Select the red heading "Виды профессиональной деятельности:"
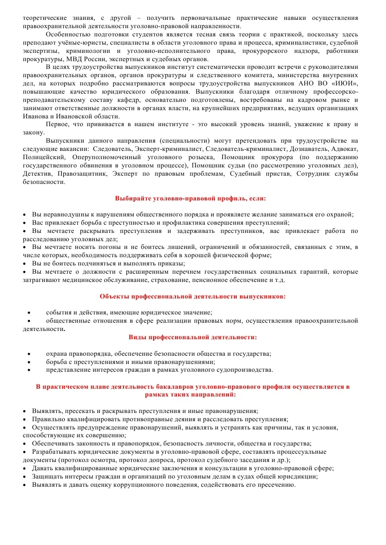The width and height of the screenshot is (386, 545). [x=193, y=337]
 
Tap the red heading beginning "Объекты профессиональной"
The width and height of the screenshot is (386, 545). [x=193, y=296]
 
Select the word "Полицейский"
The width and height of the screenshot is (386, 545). [x=43, y=158]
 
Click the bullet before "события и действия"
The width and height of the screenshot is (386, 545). [x=30, y=313]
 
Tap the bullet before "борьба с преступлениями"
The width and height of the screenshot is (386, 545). [x=30, y=362]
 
